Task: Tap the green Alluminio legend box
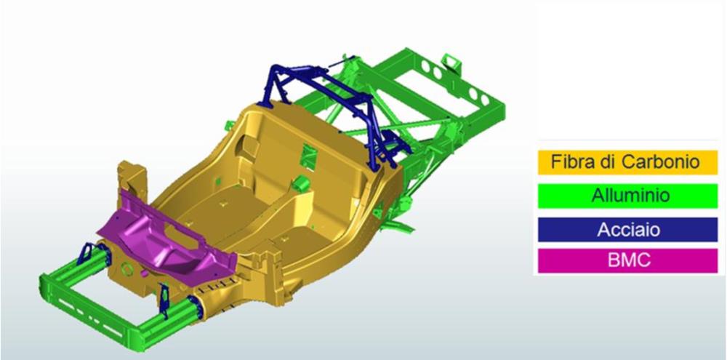628,196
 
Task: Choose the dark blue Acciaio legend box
628,230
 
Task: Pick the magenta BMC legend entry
628,260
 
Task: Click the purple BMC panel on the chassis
167,236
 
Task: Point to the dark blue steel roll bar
334,111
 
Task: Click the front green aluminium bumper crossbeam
88,311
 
